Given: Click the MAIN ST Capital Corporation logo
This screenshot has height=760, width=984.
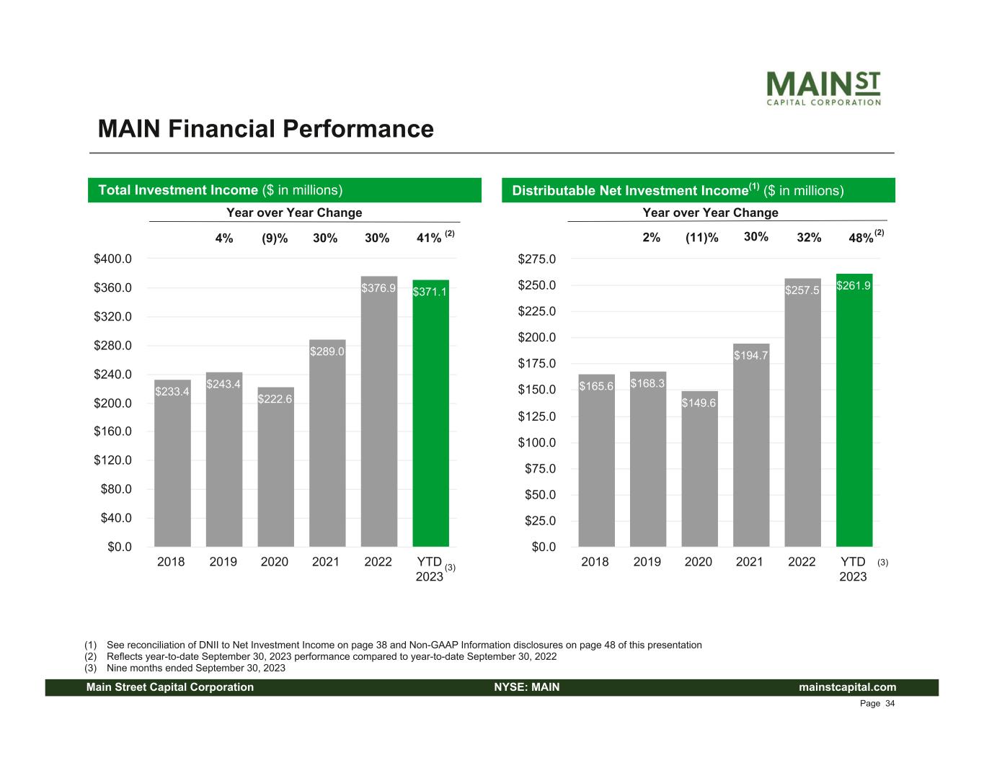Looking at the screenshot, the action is click(823, 89).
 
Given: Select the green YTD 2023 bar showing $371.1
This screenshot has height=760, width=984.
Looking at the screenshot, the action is click(430, 413).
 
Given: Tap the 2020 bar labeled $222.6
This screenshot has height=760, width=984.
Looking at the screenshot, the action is click(276, 466).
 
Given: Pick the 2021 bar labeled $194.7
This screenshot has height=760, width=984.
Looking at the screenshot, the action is click(750, 444).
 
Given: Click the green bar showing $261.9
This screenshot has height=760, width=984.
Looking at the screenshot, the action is click(854, 410).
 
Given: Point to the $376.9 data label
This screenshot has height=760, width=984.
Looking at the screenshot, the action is click(378, 288).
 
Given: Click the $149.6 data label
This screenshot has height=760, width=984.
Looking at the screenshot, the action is click(699, 403).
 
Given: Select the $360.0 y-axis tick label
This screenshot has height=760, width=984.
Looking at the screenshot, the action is click(112, 287).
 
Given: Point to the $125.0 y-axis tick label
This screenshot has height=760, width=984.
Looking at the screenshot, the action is click(537, 416).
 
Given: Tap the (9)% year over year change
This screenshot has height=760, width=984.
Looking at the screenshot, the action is click(275, 238).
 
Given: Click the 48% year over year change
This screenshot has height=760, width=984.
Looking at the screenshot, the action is click(861, 238).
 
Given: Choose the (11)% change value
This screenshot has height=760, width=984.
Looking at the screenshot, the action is click(702, 238).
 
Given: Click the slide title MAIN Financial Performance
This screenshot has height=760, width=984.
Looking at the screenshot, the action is click(266, 128).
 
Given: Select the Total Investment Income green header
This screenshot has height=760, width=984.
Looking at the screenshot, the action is click(284, 190).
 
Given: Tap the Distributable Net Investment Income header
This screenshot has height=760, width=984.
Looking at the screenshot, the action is click(699, 190).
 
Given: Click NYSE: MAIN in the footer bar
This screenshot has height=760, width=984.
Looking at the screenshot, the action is click(527, 687).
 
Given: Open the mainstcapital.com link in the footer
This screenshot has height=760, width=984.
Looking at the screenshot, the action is click(847, 687).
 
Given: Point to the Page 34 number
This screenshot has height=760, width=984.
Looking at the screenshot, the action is click(877, 704).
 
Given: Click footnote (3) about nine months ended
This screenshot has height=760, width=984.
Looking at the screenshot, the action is click(185, 669).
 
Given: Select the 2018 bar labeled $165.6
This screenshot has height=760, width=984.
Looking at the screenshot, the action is click(596, 460).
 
